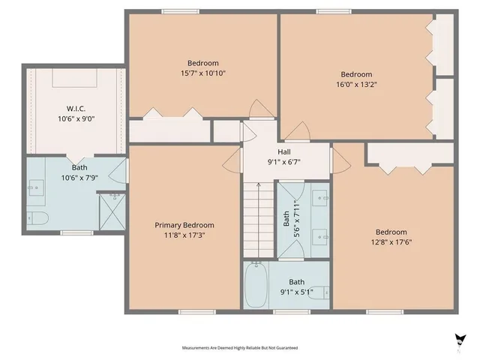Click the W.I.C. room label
[76, 108]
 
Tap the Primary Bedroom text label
[184, 225]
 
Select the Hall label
[284, 151]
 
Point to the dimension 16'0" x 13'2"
[356, 85]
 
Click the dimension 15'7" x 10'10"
[203, 73]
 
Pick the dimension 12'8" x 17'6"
[391, 241]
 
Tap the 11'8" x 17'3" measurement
[184, 235]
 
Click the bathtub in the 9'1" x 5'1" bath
[256, 285]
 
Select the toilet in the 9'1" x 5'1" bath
[318, 292]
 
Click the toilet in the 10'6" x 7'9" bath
[39, 218]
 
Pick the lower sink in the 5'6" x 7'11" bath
[321, 232]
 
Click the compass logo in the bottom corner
[459, 340]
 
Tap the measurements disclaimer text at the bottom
[239, 348]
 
